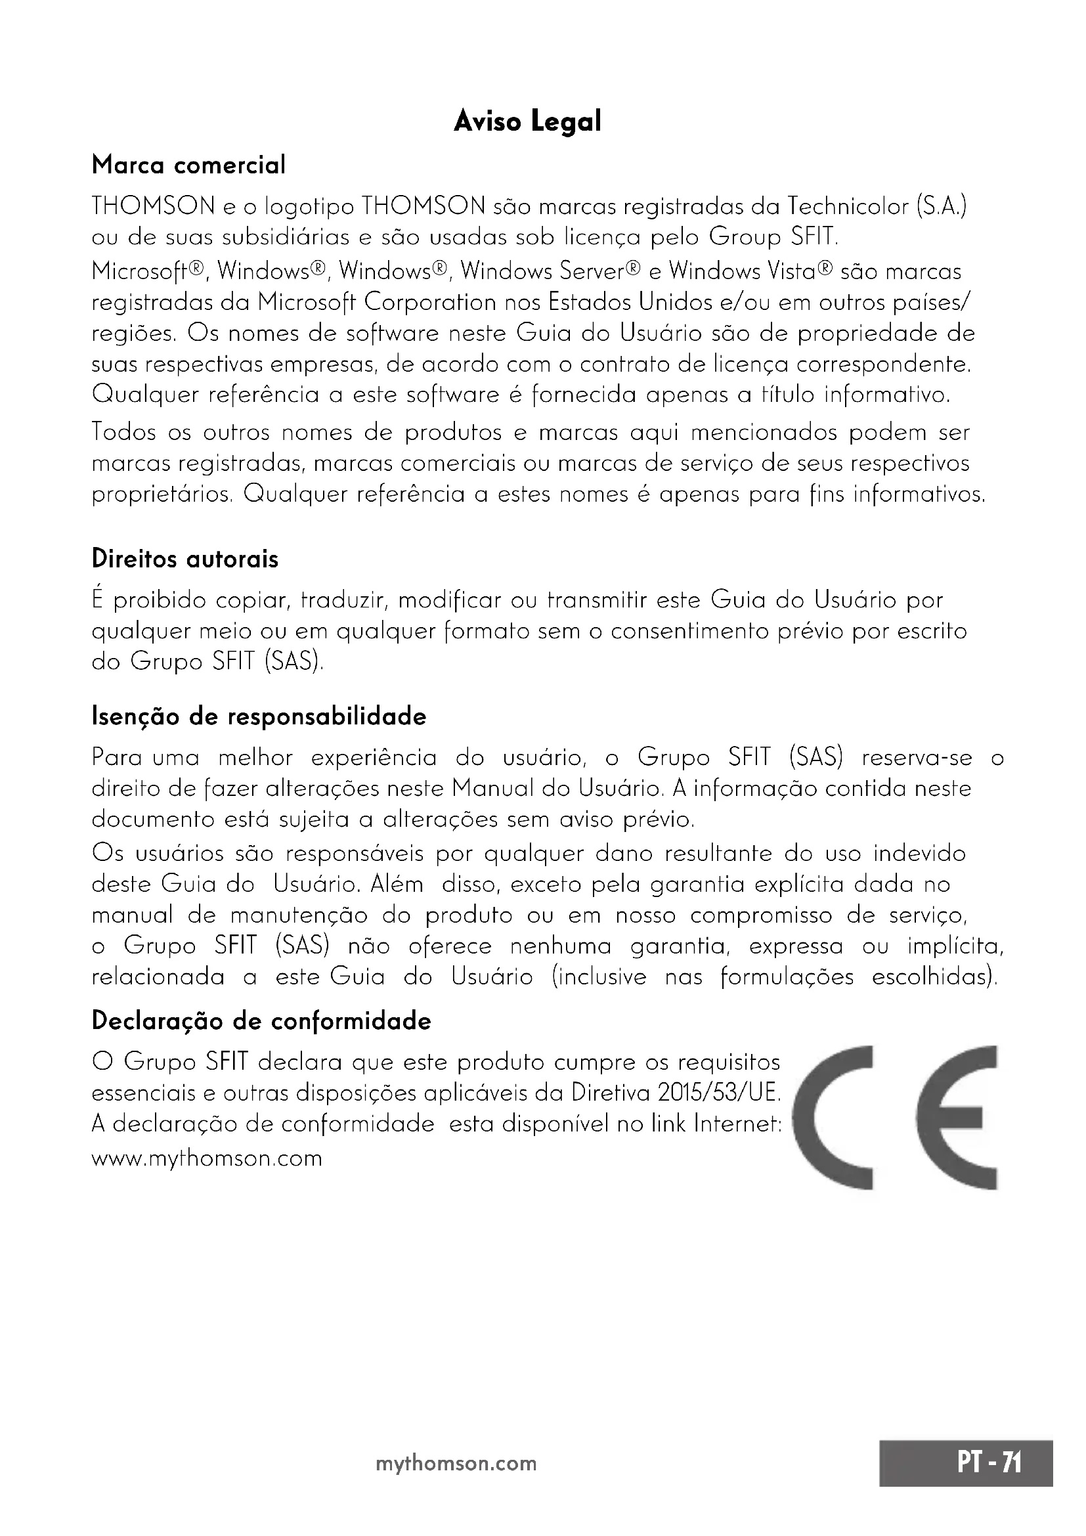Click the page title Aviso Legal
click(528, 122)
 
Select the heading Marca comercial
click(188, 165)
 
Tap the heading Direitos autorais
click(185, 559)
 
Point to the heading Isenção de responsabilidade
click(259, 716)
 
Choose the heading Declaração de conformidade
click(261, 1021)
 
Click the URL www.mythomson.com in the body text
click(207, 1158)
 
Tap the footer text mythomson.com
click(456, 1463)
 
